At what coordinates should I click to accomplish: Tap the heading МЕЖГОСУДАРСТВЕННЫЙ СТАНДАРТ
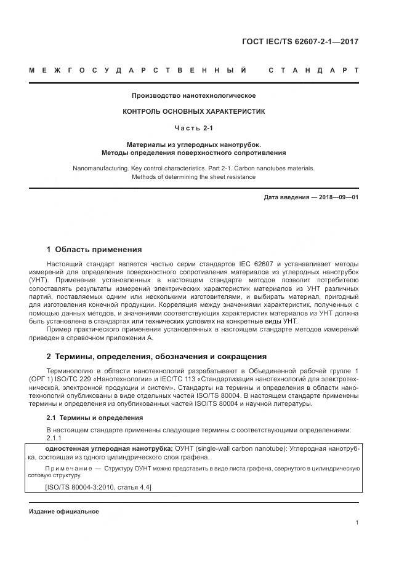[x=193, y=71]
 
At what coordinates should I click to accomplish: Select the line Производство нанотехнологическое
[x=193, y=95]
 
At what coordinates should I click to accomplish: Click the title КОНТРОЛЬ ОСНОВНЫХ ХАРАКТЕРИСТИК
[x=193, y=112]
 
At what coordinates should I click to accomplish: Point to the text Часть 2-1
[x=193, y=128]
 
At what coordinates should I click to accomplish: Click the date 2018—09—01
[x=337, y=197]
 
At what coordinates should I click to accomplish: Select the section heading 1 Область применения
[x=94, y=250]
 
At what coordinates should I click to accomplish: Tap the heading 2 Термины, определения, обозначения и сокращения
[x=156, y=356]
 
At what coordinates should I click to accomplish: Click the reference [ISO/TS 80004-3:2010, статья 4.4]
[x=99, y=487]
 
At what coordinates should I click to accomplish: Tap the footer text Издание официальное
[x=63, y=511]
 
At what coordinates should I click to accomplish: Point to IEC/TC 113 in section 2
[x=200, y=379]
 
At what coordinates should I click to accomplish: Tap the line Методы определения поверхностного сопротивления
[x=193, y=152]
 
